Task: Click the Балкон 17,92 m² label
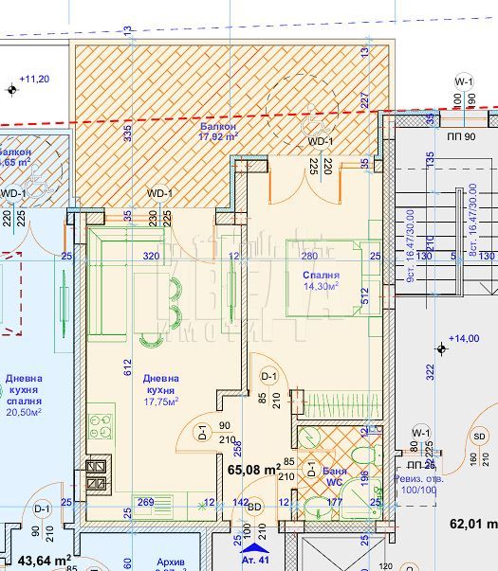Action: click(218, 131)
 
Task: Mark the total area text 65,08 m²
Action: click(253, 468)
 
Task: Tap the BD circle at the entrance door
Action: click(254, 508)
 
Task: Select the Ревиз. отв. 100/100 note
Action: click(415, 484)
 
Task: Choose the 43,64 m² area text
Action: click(38, 560)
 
